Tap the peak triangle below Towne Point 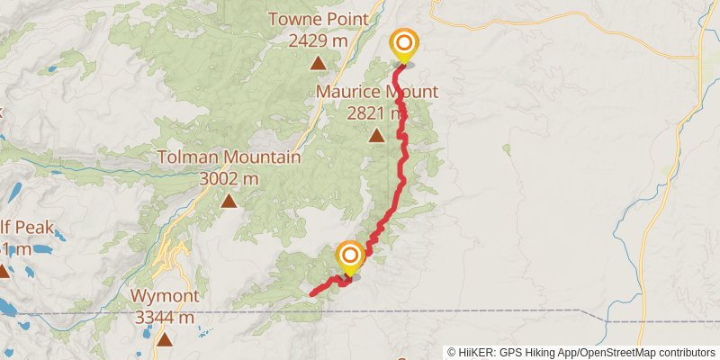pos(318,63)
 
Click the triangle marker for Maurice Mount pos(376,136)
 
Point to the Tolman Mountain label pos(229,157)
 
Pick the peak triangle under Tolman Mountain pos(229,201)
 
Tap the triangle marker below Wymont pos(164,339)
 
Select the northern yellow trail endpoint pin pos(404,44)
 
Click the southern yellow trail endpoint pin pos(349,257)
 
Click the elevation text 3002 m pos(229,178)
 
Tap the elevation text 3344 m pos(163,317)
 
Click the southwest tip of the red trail pos(311,293)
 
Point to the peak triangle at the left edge pos(3,272)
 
